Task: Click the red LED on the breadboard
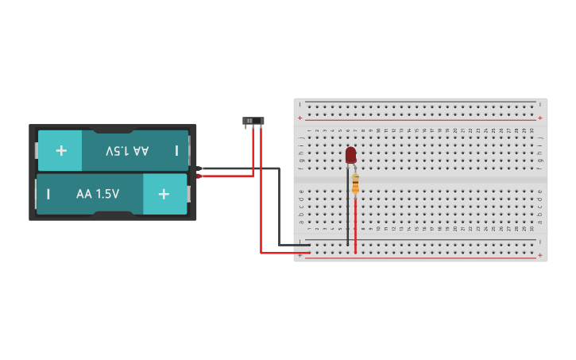tap(350, 154)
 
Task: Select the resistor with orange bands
tap(355, 184)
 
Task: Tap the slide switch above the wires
tap(253, 122)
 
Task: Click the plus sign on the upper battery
tap(61, 150)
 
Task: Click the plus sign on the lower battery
tap(164, 194)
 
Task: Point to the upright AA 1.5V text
tap(98, 194)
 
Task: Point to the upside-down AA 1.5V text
tap(127, 150)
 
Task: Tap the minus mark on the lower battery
tap(48, 194)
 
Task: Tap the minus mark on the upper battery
tap(176, 150)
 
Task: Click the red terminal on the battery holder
tap(199, 176)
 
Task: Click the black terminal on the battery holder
tap(199, 168)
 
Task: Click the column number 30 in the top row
tap(532, 130)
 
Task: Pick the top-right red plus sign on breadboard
tap(540, 118)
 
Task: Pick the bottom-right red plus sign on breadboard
tap(540, 255)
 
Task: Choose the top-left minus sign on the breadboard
tap(300, 105)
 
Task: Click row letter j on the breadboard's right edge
tap(540, 137)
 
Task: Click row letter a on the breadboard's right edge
tap(540, 222)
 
